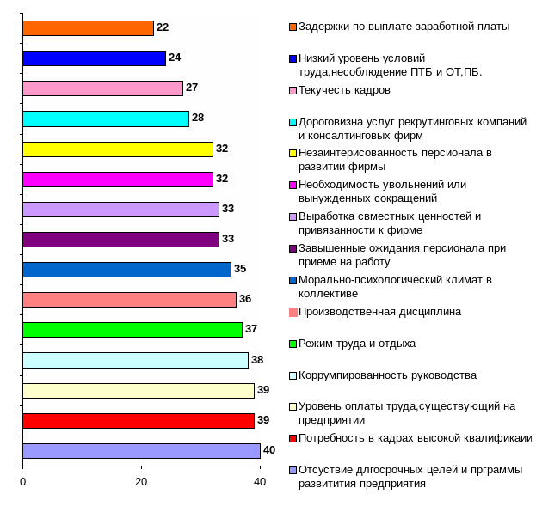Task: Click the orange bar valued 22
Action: click(x=88, y=28)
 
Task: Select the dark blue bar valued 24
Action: click(x=94, y=58)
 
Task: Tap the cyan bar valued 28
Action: click(x=106, y=119)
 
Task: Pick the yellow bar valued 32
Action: click(x=118, y=149)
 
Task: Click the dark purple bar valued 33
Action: click(x=120, y=239)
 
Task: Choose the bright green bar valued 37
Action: click(x=132, y=329)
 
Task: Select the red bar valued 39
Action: click(x=139, y=420)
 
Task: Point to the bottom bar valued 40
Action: click(x=141, y=450)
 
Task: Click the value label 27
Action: click(x=192, y=88)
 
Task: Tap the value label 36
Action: click(x=245, y=299)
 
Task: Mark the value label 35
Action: click(x=240, y=269)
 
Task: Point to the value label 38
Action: click(x=256, y=360)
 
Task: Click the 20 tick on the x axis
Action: click(x=141, y=482)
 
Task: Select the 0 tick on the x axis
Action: click(x=22, y=482)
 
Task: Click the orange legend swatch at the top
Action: click(x=293, y=27)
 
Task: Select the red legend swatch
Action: click(x=293, y=438)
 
